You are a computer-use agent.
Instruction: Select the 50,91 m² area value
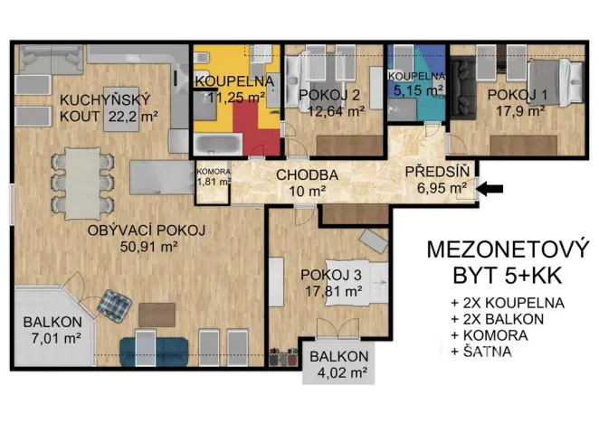tap(147, 244)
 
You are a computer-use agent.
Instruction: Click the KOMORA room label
tap(214, 173)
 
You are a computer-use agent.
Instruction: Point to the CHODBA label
tap(307, 174)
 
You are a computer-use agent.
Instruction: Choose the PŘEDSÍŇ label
tap(435, 172)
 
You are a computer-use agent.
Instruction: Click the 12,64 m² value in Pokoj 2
tap(336, 111)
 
